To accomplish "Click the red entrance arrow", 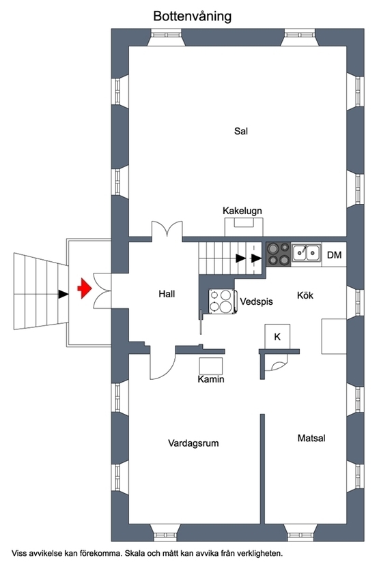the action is (x=85, y=288).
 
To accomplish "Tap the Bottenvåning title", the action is (x=192, y=16).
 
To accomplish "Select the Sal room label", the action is (x=241, y=131).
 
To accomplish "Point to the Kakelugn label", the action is (x=242, y=211).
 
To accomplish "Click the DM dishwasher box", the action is (x=334, y=255).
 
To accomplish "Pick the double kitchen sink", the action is (x=307, y=253).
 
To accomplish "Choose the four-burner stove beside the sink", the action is (x=279, y=254).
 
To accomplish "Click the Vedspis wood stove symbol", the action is (x=222, y=301).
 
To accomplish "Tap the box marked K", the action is (x=277, y=336).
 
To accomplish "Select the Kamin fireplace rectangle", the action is (x=211, y=366).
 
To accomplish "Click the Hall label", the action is (x=167, y=294).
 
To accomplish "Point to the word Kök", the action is (x=305, y=295).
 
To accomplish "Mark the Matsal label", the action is (x=311, y=438).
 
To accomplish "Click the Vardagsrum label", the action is (x=193, y=443).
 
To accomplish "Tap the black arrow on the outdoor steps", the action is (x=64, y=294).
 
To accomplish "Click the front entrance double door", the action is (x=102, y=291).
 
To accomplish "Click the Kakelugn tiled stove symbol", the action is (x=244, y=227).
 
